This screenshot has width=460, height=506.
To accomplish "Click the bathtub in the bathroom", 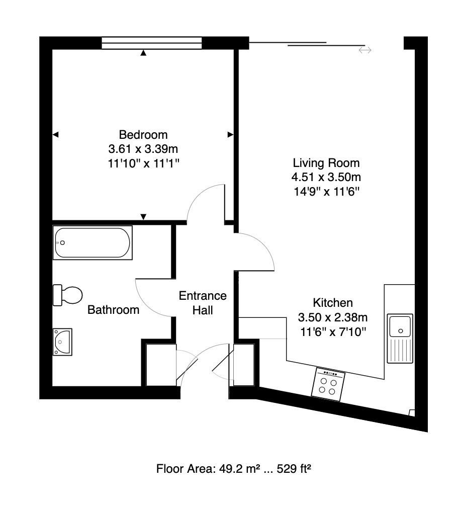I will coord(93,243).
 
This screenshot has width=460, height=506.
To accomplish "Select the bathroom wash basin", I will coord(63,342).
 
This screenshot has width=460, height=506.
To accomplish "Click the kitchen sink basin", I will coord(400,325).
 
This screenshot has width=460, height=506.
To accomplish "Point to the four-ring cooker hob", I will coord(329,384).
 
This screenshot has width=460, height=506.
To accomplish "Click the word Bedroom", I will coord(143,135).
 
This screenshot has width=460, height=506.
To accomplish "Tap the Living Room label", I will coord(326,163).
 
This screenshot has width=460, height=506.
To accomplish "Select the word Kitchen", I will coord(333,303).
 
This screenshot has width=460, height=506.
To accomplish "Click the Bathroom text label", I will coord(113,310).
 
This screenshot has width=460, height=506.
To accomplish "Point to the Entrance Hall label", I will coord(203,303).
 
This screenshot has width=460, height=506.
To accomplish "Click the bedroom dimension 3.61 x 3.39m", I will coord(143,149).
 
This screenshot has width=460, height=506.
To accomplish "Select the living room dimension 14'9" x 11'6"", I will coord(326,192).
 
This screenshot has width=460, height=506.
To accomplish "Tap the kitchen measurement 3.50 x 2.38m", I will coord(333,317).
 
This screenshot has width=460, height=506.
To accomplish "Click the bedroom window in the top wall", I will coord(152,43).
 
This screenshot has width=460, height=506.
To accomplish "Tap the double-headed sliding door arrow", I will coord(365,50).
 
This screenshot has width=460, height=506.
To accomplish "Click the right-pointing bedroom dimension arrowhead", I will coord(231,134).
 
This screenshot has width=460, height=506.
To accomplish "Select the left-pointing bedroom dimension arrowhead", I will coord(55,134).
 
